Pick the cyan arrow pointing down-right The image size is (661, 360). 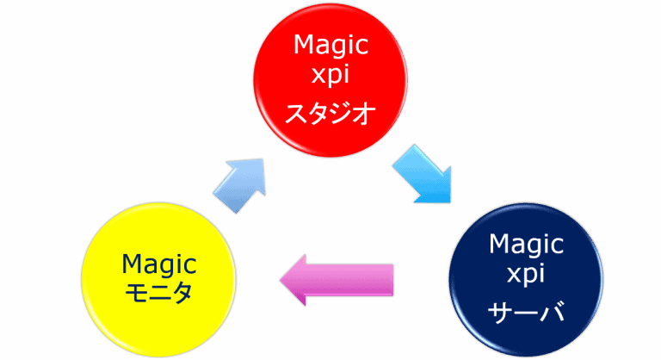coord(422,173)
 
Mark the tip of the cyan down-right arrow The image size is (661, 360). coord(447,201)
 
